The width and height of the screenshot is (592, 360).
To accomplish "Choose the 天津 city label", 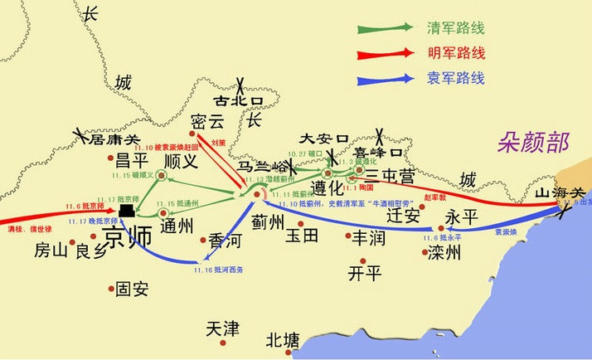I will (222, 329).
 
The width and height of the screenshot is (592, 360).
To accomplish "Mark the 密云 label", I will (207, 120).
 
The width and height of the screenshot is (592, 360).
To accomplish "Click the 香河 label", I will (226, 240).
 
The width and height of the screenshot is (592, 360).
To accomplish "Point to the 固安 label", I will (132, 289).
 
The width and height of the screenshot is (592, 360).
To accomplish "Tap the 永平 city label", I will (463, 216).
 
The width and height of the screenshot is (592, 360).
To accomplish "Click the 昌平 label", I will (131, 160).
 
